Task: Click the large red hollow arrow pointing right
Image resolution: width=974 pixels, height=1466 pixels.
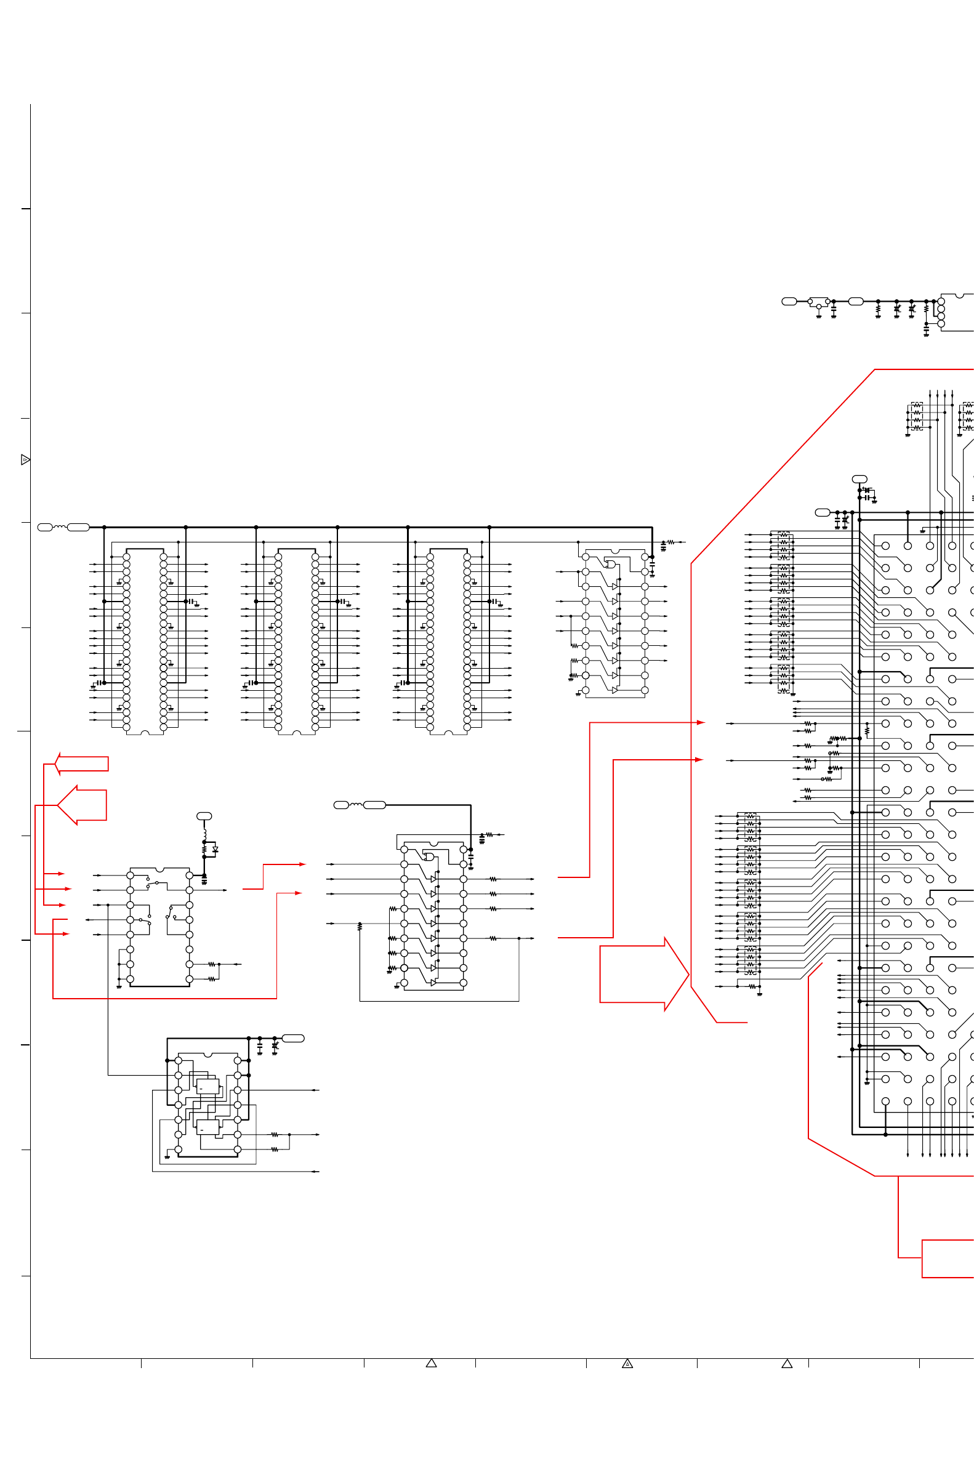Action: [x=643, y=974]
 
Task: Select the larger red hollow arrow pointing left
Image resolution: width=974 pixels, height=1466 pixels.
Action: [x=83, y=805]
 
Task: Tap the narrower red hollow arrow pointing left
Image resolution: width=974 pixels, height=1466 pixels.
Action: [x=82, y=763]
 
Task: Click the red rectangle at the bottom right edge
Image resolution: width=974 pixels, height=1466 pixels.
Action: [x=948, y=1259]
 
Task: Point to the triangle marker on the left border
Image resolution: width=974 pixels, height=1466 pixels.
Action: [x=25, y=460]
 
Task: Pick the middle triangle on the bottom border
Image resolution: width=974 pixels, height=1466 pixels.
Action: [x=627, y=1364]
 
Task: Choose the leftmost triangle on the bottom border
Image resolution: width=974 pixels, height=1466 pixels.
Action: [x=431, y=1363]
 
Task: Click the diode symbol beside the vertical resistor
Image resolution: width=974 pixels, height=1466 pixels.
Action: [x=215, y=849]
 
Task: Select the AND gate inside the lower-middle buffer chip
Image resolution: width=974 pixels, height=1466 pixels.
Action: [x=429, y=856]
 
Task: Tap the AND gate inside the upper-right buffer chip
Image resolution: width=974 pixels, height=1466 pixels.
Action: [x=611, y=564]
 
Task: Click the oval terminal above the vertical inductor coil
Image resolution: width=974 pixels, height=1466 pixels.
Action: [x=204, y=816]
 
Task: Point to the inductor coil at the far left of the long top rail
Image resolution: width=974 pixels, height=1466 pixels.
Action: [x=60, y=527]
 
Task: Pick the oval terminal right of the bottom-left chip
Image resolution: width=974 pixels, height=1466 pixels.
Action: [x=293, y=1038]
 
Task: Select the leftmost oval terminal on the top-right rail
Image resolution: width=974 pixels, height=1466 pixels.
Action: [x=789, y=301]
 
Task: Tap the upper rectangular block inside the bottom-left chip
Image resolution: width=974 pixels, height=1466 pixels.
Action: [x=207, y=1087]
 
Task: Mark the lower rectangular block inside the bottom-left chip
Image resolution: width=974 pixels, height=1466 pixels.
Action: [x=207, y=1127]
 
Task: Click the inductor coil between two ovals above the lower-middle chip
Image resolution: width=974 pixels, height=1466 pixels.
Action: [x=356, y=805]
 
